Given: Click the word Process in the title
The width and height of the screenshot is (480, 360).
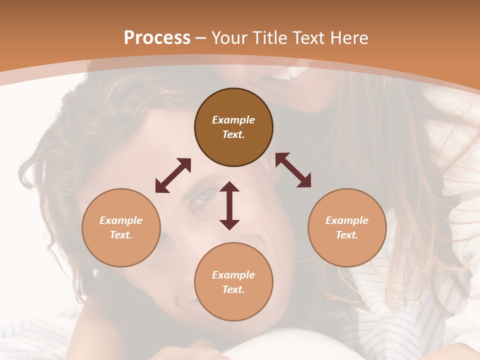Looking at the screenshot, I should pos(157,38).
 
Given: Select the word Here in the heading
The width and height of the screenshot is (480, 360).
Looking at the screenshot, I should pos(349,38).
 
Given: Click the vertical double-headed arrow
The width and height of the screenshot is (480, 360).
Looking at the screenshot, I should pos(229,205).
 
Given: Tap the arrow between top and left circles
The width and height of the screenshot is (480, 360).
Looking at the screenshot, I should pos(173,175).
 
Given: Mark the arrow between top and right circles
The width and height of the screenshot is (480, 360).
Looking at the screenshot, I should pos(293,170).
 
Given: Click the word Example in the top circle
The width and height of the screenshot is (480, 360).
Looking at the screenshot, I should pos(233,120).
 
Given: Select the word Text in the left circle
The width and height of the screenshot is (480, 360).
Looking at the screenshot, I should pos(121,235).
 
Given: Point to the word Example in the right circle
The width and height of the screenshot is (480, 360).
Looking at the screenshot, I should pos(347,220).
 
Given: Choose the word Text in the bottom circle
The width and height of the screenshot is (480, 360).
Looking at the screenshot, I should pos(233,289).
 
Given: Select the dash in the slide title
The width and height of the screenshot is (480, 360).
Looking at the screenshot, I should pos(201,38).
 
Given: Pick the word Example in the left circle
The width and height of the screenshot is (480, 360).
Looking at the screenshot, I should pos(121,220).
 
